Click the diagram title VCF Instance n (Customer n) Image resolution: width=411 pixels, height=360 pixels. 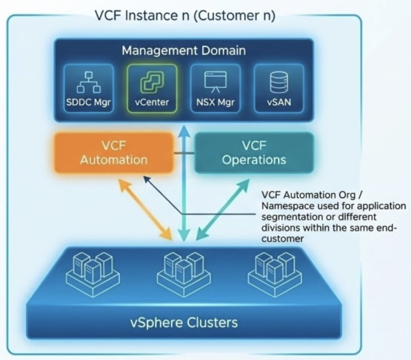185,16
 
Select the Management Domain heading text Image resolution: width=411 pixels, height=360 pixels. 184,51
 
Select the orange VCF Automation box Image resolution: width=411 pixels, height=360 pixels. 113,153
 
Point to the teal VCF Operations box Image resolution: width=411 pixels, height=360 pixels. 253,153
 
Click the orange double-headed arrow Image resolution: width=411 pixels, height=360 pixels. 146,209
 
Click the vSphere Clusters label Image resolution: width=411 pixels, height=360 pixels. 184,323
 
